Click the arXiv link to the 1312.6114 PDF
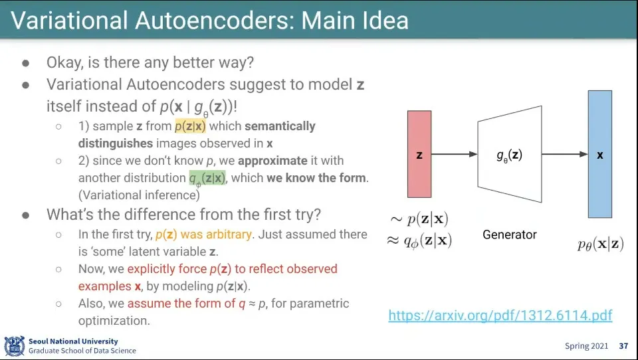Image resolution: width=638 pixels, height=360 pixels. point(500,315)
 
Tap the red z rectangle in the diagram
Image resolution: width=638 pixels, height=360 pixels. point(419,154)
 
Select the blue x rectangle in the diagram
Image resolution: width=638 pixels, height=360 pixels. point(599,154)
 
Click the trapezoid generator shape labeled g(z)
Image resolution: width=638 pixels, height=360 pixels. point(510,154)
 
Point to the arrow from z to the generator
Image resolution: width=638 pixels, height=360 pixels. point(455,154)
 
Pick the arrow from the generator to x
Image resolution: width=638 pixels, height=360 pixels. point(564,154)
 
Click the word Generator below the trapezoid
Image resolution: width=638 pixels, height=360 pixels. point(510,234)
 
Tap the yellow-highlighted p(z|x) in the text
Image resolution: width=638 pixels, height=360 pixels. point(190,126)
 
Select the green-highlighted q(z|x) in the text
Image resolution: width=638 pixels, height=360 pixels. point(207,178)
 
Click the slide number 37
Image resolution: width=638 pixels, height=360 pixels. point(623,346)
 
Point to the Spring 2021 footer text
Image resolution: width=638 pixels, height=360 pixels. point(586,346)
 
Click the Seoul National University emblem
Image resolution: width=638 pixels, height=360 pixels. point(14,346)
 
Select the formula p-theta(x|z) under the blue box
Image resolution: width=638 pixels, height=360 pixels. point(600,244)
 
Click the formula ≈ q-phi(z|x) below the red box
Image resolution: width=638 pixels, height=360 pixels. point(419,240)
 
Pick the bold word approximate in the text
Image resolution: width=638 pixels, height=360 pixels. point(272,161)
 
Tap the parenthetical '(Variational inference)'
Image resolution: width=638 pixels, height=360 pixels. point(139,195)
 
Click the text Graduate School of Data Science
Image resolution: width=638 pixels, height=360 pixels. point(82,351)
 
